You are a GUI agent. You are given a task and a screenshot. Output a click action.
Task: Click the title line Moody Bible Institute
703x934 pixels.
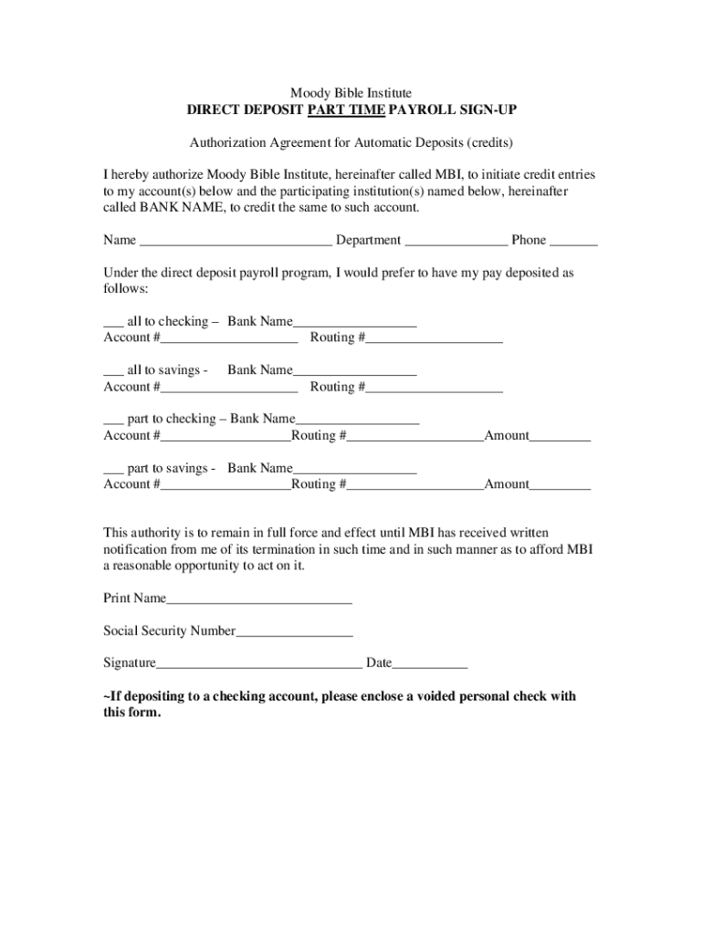pyautogui.click(x=351, y=93)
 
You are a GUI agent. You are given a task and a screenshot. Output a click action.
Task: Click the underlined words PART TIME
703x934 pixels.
pyautogui.click(x=346, y=110)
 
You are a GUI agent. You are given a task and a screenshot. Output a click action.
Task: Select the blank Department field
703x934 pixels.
pyautogui.click(x=456, y=241)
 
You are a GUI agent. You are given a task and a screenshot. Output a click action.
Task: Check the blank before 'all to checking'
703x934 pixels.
pyautogui.click(x=113, y=322)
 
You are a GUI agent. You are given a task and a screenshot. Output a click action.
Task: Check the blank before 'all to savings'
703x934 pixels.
pyautogui.click(x=113, y=371)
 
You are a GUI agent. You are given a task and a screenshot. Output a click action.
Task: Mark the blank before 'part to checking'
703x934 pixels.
pyautogui.click(x=113, y=420)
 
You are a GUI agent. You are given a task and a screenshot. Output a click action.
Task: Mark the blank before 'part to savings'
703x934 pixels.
pyautogui.click(x=113, y=469)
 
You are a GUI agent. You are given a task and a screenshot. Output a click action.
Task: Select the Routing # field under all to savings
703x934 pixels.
pyautogui.click(x=434, y=388)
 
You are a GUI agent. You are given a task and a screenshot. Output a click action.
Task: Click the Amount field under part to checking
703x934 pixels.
pyautogui.click(x=560, y=436)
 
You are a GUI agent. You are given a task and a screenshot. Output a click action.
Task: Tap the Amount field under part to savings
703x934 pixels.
pyautogui.click(x=560, y=485)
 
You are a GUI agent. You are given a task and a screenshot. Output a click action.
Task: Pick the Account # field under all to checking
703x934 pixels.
pyautogui.click(x=228, y=338)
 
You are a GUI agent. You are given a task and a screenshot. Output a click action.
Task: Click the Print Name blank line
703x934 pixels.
pyautogui.click(x=259, y=599)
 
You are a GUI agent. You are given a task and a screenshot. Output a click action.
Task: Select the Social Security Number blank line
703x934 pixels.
pyautogui.click(x=294, y=631)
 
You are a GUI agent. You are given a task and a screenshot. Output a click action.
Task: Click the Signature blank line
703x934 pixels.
pyautogui.click(x=259, y=664)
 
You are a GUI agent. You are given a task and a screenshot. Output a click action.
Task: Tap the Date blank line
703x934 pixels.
pyautogui.click(x=429, y=664)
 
